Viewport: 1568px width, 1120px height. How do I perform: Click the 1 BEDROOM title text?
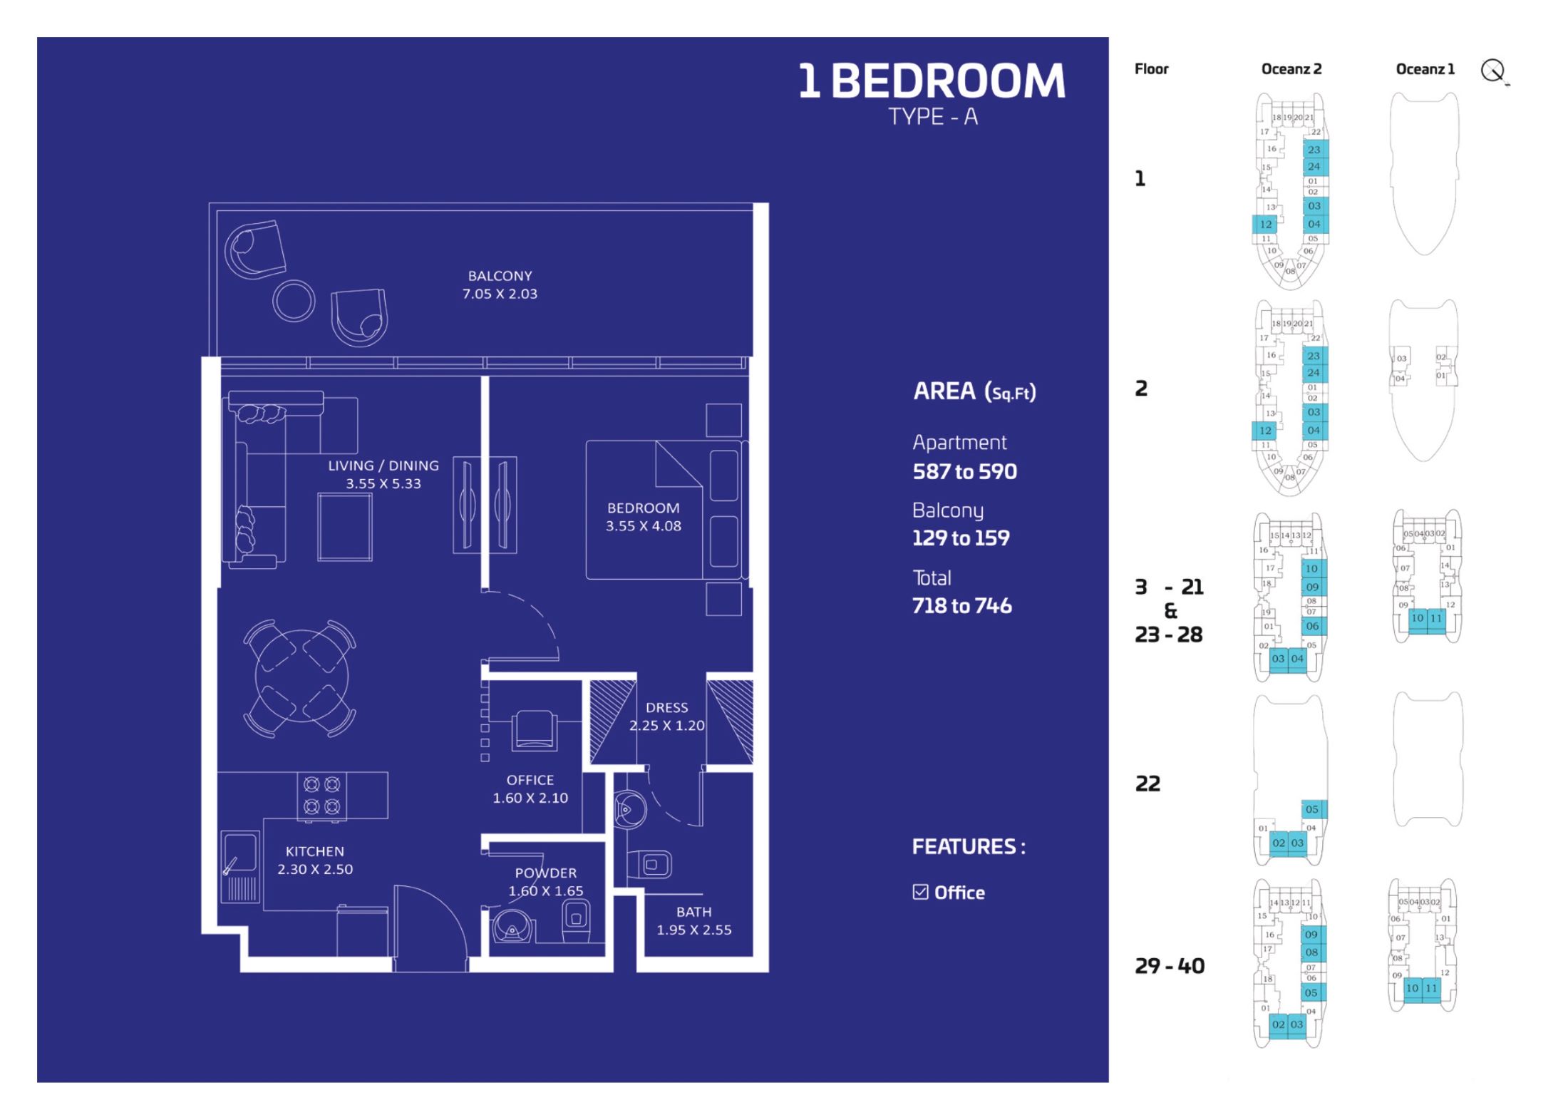coord(931,81)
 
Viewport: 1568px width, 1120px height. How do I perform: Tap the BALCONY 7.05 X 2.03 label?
coord(500,284)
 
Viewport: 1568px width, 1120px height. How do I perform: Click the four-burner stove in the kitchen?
coord(321,795)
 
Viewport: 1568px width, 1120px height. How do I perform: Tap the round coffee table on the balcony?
coord(294,301)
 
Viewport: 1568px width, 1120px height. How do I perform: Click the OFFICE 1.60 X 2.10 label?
coord(530,789)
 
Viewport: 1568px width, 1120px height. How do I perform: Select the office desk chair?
coord(534,730)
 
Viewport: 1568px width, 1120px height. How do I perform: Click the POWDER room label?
coord(545,882)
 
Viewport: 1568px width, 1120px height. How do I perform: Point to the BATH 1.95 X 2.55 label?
coord(693,920)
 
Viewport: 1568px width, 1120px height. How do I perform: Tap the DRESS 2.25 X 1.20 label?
coord(666,716)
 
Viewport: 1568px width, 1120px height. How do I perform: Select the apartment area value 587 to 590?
coord(964,472)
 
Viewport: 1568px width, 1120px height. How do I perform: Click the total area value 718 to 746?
coord(961,606)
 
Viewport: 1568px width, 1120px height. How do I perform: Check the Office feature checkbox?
coord(920,892)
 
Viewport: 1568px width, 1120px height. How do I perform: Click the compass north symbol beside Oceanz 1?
coord(1492,71)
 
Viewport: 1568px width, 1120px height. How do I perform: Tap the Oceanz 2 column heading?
coord(1291,69)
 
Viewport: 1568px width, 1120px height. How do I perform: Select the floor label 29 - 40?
coord(1169,967)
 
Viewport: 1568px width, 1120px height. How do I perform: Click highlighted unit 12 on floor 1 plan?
coord(1265,224)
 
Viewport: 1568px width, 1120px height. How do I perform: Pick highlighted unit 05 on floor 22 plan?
coord(1312,809)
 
